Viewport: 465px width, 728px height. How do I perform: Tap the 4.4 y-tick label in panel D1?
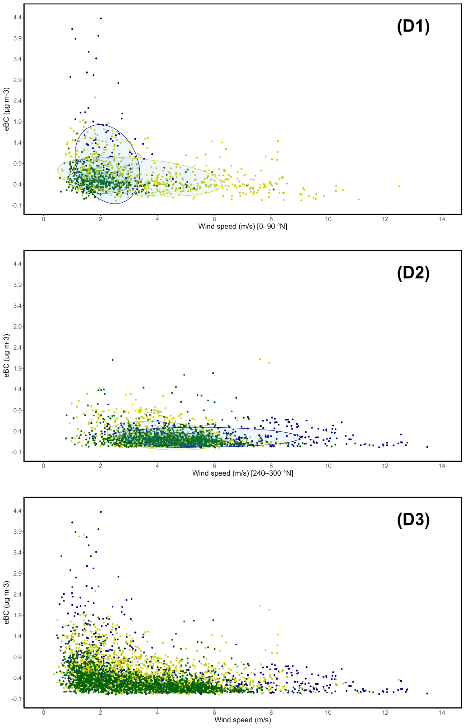click(x=17, y=17)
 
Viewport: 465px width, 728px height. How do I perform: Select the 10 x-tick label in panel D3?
click(x=328, y=712)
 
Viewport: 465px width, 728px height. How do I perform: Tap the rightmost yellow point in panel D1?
click(x=399, y=186)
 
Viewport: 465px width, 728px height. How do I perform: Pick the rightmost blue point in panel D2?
click(x=427, y=447)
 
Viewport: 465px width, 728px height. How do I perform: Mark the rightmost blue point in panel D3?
click(x=427, y=694)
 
